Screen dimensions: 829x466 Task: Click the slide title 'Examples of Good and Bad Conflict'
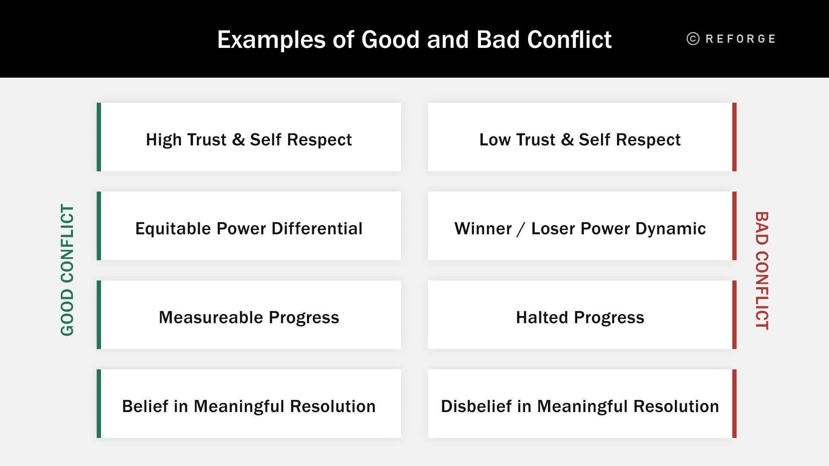point(414,40)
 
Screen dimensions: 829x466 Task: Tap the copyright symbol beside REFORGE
point(693,39)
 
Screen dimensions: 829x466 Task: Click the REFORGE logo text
point(740,39)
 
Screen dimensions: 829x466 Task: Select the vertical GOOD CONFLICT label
point(67,270)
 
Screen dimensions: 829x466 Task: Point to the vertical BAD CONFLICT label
point(762,271)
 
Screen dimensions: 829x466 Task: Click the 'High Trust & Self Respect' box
point(249,137)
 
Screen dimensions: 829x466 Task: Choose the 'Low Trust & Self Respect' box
point(582,137)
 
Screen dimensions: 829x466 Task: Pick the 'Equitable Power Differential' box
point(249,226)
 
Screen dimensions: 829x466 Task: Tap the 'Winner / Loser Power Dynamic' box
point(582,226)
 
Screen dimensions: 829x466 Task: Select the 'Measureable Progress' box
point(249,315)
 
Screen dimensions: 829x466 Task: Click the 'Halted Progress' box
point(582,315)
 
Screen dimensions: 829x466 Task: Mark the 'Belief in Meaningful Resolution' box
point(249,403)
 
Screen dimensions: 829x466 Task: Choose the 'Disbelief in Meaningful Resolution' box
point(582,403)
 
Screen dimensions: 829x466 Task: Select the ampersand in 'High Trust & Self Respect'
point(238,140)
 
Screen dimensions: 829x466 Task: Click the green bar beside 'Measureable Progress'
point(99,315)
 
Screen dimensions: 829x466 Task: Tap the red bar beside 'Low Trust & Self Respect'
point(734,137)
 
